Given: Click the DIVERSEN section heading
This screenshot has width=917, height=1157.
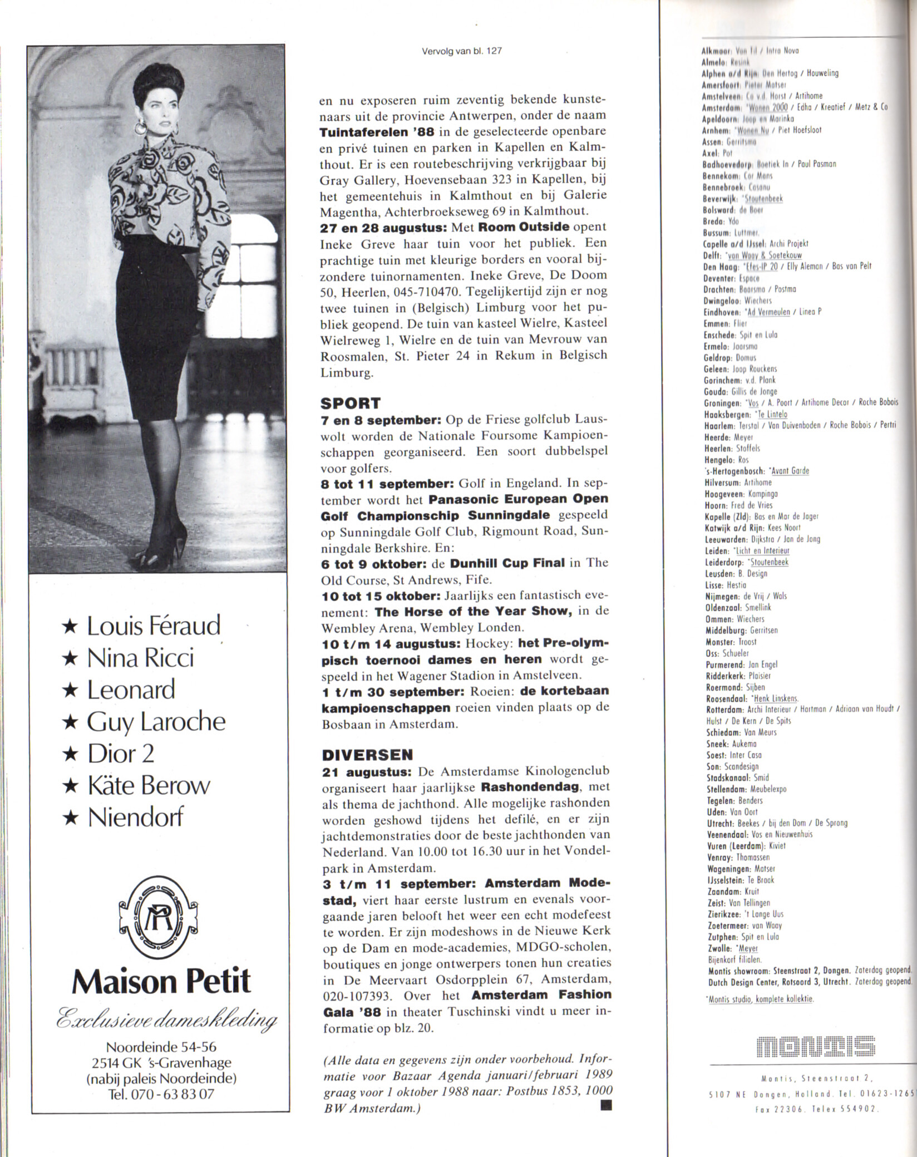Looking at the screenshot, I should point(368,755).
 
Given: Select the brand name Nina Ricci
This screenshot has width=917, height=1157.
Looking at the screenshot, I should point(140,658).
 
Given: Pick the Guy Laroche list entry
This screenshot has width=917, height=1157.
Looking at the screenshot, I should point(156,722).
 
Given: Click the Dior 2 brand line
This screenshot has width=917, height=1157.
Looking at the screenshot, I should point(120,754).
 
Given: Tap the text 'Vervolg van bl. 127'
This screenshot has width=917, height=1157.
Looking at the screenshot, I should point(462,50).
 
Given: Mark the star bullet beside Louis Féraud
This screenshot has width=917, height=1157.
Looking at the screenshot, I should point(70,627).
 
